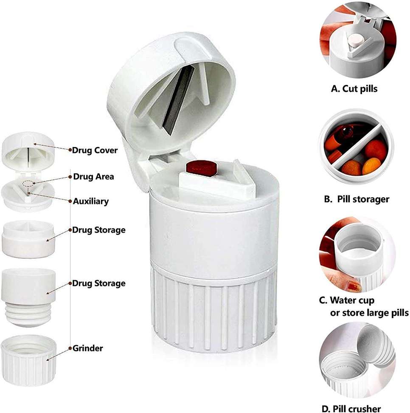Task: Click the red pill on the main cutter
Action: [x=202, y=168]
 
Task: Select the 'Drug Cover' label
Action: [x=95, y=150]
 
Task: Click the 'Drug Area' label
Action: [x=93, y=176]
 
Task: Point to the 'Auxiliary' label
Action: [x=91, y=201]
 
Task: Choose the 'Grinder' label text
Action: [x=87, y=348]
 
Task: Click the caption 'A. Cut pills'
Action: [x=354, y=89]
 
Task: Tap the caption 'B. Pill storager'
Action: [x=357, y=199]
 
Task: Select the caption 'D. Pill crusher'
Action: [x=351, y=408]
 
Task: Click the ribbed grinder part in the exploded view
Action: [x=29, y=361]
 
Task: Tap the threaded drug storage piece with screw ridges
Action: [x=28, y=297]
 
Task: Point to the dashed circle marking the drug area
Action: [x=28, y=184]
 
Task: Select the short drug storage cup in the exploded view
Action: [x=28, y=239]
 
